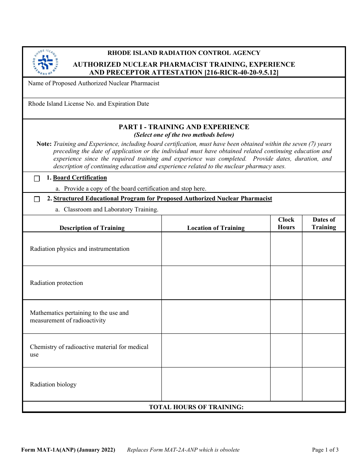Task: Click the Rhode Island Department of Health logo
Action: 45,62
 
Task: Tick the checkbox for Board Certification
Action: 37,179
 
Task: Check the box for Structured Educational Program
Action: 37,199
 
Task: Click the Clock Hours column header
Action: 286,224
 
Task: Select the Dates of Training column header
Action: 324,224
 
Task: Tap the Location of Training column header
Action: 216,228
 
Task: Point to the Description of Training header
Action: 92,228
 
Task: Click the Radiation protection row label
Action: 56,283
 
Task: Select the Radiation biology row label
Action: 53,385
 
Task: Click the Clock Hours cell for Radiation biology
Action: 286,384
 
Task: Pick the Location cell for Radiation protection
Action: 216,283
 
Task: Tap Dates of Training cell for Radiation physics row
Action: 324,249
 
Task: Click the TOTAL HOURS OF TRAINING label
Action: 196,407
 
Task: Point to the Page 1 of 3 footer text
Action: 325,450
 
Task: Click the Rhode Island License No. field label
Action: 88,104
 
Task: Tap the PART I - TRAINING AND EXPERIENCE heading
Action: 184,127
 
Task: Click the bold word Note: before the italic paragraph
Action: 44,144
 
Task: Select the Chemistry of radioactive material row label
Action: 89,350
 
